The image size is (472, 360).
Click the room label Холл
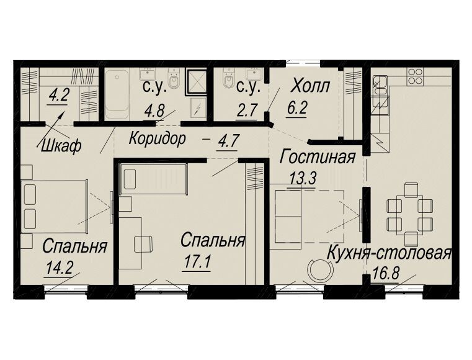[x=309, y=86]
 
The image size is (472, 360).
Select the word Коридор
[x=157, y=139]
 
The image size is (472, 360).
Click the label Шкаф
[x=62, y=146]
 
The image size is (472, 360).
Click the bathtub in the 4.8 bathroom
[x=117, y=94]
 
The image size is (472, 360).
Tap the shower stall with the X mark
[x=196, y=81]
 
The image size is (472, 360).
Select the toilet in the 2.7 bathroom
[x=228, y=78]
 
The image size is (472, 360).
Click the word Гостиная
[x=318, y=157]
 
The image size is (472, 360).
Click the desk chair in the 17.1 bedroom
[x=143, y=244]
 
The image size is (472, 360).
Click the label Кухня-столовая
[x=390, y=253]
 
